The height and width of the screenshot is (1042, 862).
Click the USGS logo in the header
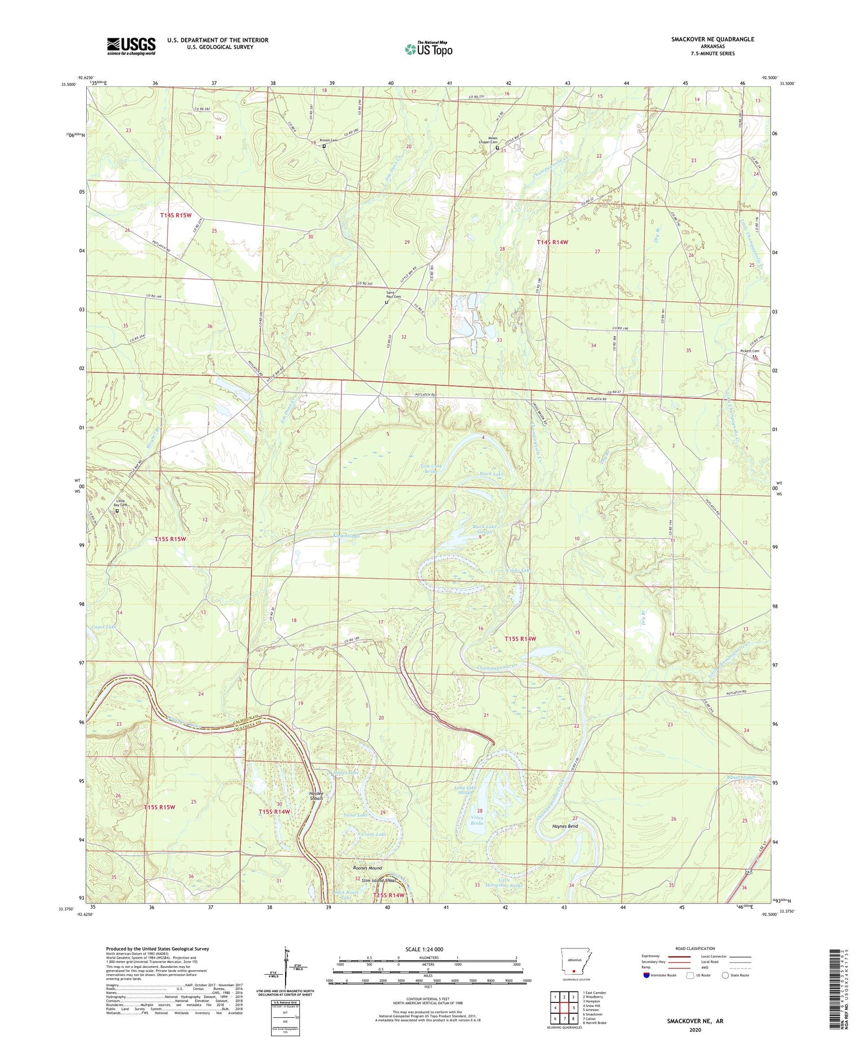131,46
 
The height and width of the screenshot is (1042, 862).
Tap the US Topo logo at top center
428,49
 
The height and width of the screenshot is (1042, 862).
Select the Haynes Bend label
565,826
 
